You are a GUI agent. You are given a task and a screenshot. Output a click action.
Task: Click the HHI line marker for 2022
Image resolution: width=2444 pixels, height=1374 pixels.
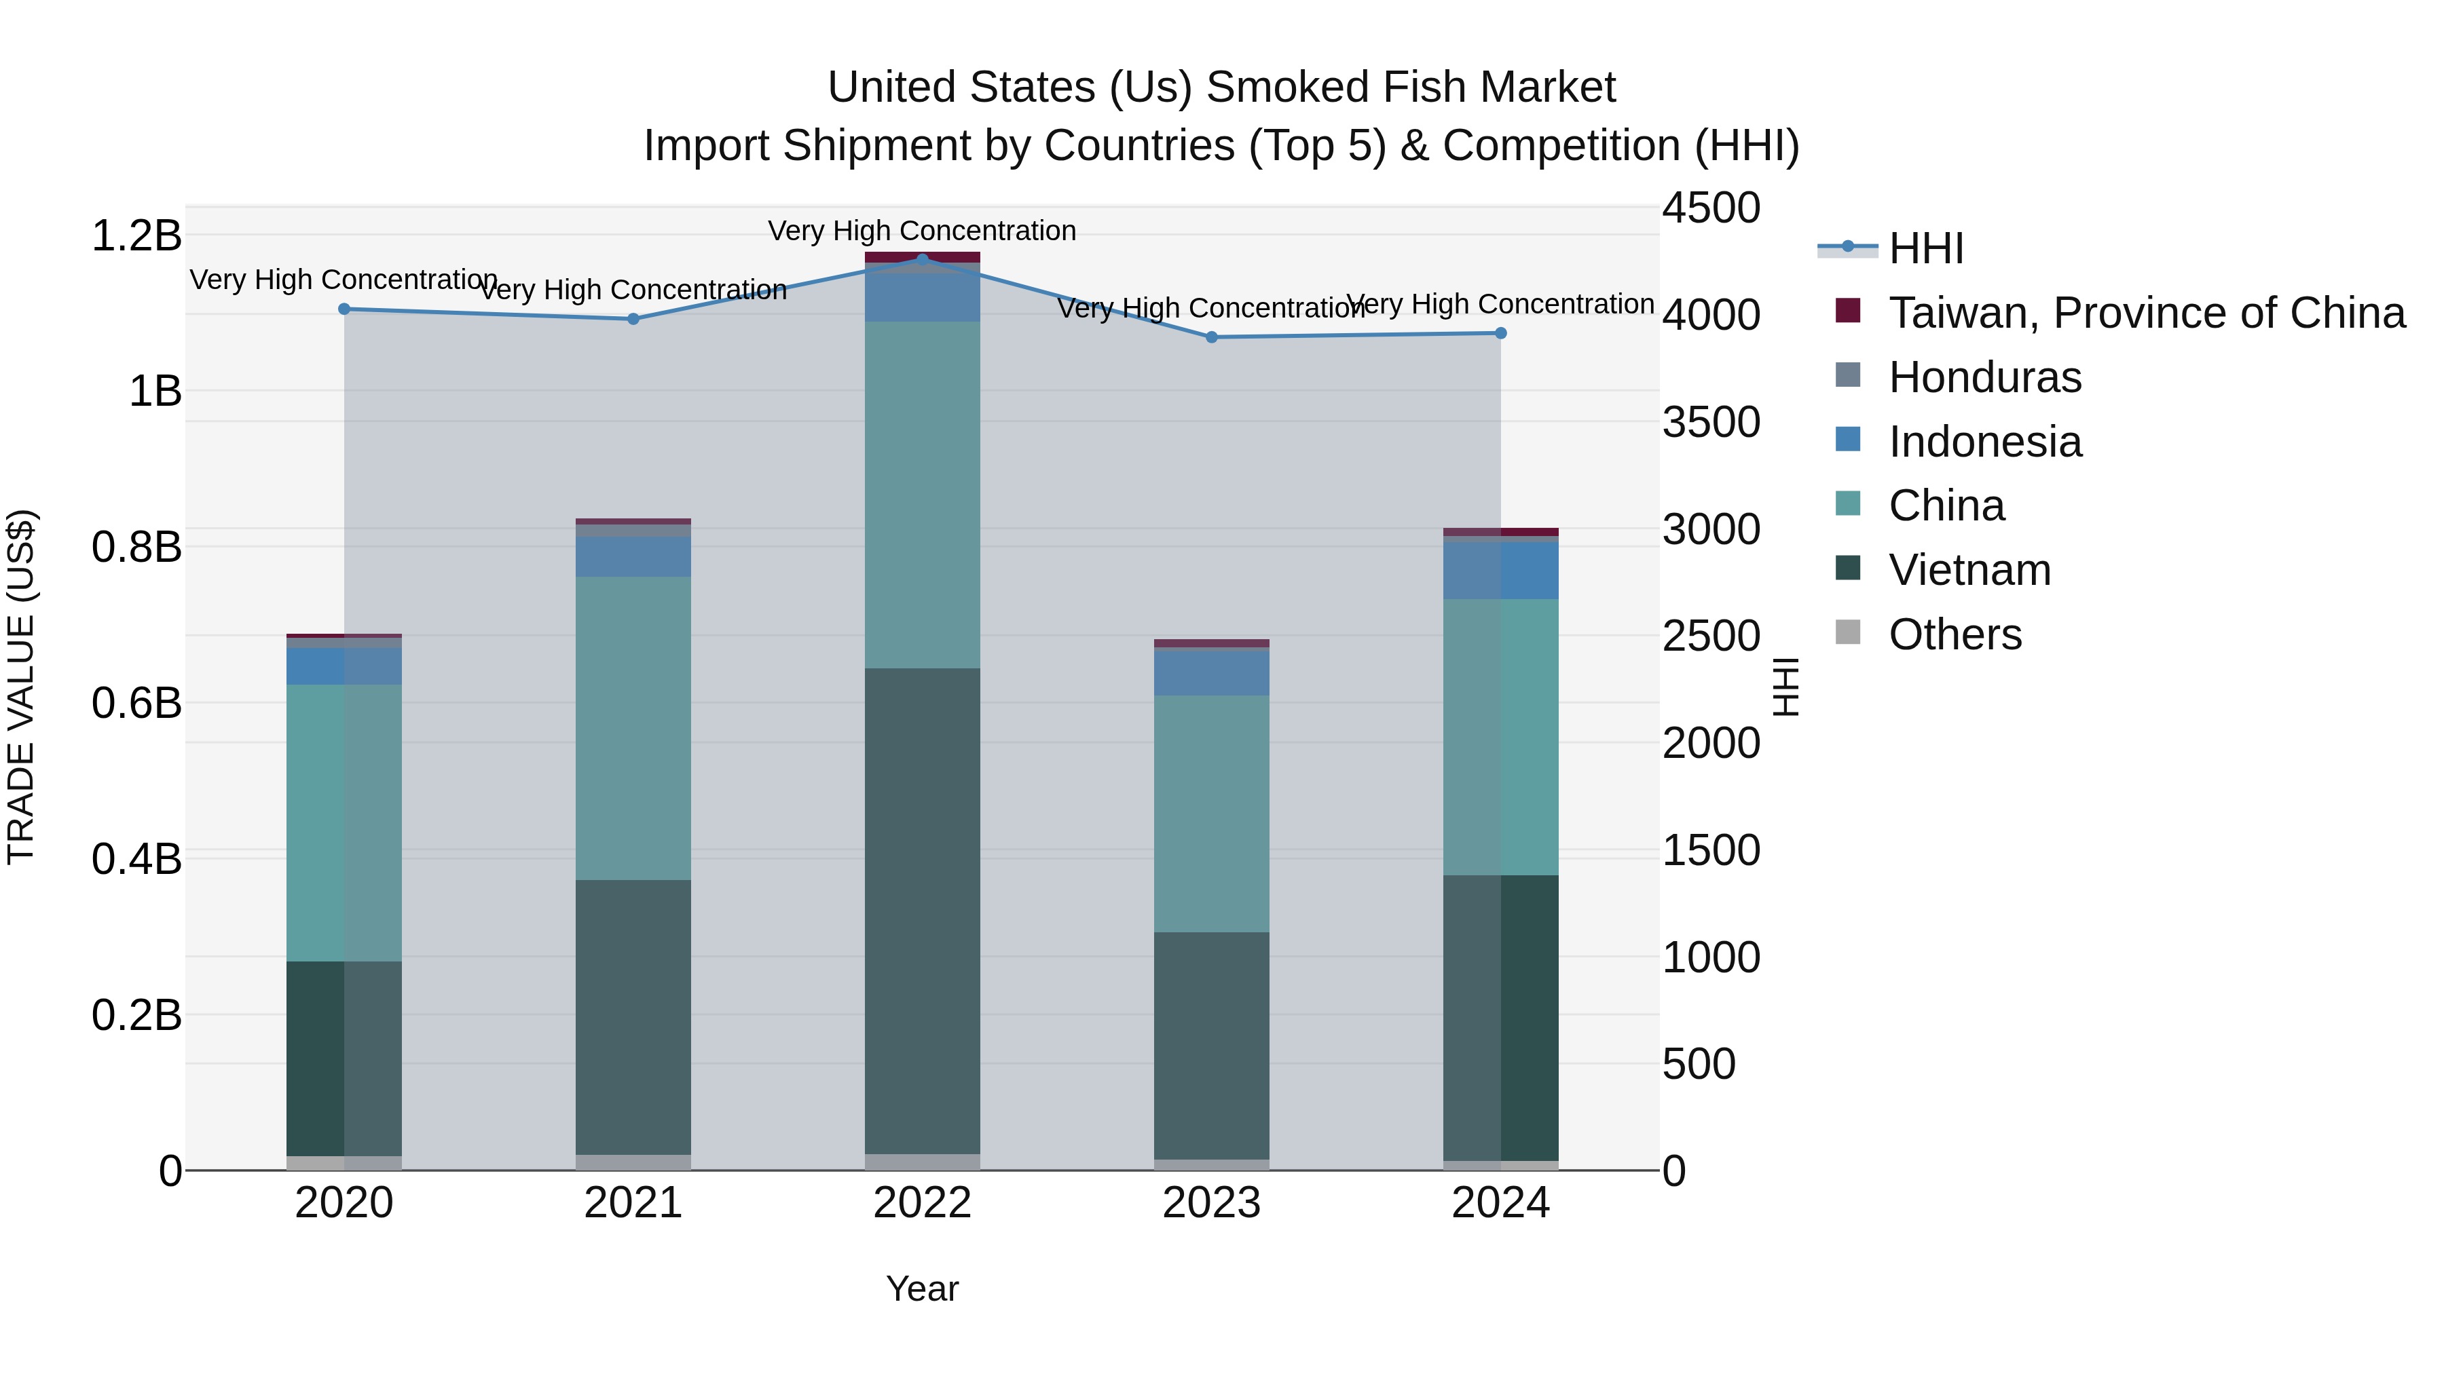tap(921, 259)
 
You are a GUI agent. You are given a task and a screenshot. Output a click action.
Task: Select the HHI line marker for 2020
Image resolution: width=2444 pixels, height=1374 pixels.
tap(344, 309)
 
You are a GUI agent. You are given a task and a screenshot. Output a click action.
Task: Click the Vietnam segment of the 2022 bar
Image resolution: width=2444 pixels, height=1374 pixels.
tap(921, 911)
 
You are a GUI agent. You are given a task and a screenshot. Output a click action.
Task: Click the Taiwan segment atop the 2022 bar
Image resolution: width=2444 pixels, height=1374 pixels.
tap(921, 257)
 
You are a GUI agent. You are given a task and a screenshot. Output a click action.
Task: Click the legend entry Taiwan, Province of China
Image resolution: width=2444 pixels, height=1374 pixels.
tap(2146, 313)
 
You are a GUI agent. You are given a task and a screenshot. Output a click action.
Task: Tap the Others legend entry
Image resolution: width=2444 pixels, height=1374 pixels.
tap(1955, 634)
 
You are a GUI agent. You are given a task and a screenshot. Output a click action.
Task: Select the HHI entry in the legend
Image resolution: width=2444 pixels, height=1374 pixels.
tap(1925, 248)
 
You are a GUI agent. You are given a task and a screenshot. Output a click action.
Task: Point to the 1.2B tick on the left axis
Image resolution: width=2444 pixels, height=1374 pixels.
tap(136, 235)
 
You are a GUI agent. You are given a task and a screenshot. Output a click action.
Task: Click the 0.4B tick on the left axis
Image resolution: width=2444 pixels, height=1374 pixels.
tap(136, 859)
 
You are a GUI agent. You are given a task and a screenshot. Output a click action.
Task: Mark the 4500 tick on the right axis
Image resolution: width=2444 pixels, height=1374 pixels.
tap(1711, 208)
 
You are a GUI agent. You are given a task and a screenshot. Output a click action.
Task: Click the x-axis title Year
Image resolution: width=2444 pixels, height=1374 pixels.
tap(921, 1289)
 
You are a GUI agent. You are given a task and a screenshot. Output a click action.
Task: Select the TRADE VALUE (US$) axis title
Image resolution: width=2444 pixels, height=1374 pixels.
tap(21, 687)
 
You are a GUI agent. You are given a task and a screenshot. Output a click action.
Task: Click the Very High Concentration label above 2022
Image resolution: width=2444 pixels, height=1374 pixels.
tap(921, 231)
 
